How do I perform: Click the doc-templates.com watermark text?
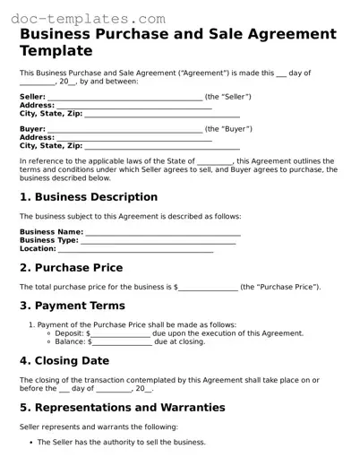(x=83, y=18)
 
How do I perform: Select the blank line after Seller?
(x=124, y=97)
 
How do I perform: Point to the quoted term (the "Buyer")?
(x=227, y=129)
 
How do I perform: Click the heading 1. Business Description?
(x=89, y=197)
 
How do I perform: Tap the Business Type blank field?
(x=159, y=240)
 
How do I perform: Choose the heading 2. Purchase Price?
(x=72, y=268)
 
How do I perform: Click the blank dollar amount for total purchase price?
(x=209, y=287)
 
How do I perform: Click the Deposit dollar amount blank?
(x=119, y=333)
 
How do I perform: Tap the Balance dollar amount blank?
(x=121, y=341)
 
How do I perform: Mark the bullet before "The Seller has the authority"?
(x=30, y=443)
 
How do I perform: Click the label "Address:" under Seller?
(x=37, y=105)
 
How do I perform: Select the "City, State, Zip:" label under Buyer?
(x=51, y=145)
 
